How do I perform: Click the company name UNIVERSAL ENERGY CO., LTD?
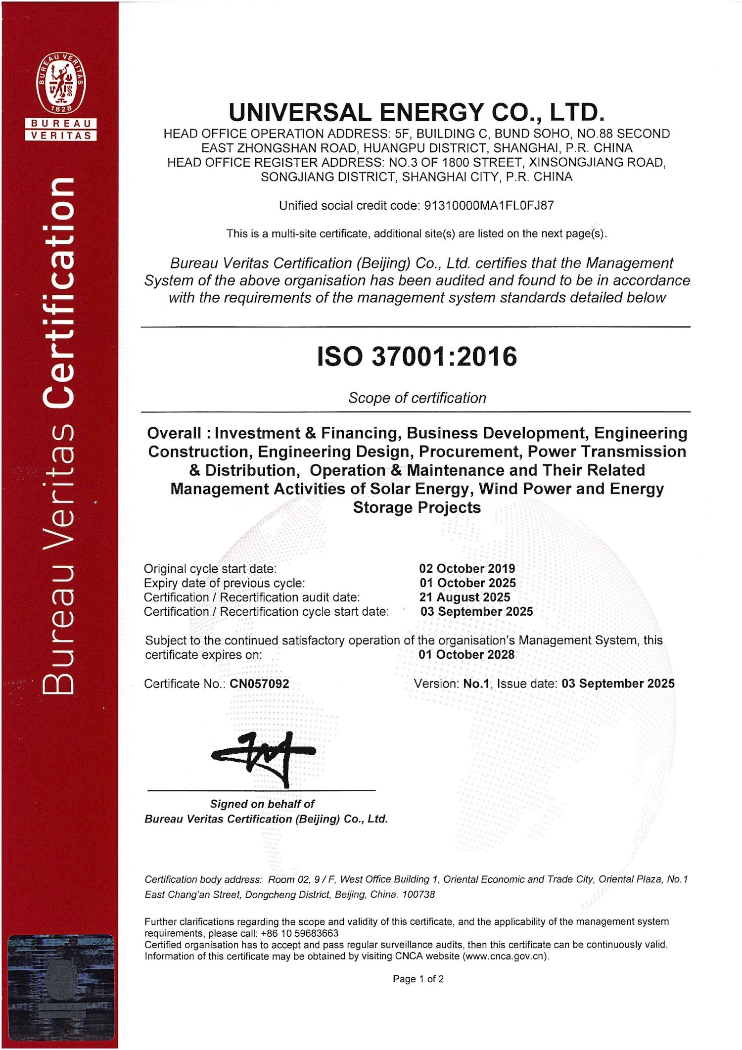pos(417,113)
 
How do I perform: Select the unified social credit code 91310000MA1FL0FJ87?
pos(489,206)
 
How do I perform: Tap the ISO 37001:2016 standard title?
pos(417,356)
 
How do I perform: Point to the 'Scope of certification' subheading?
pos(417,398)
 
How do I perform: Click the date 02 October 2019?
pos(467,569)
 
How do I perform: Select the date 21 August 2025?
pos(464,597)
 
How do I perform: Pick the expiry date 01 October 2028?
pos(466,655)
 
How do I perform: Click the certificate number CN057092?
pos(260,684)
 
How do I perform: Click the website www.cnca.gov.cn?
pos(505,956)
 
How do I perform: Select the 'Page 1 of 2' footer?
pos(418,979)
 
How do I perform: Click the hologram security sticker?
pos(61,984)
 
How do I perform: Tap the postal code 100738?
pos(418,894)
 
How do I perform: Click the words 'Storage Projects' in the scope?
pos(417,507)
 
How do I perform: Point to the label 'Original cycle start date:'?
pos(210,569)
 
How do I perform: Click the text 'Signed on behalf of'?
pos(262,804)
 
